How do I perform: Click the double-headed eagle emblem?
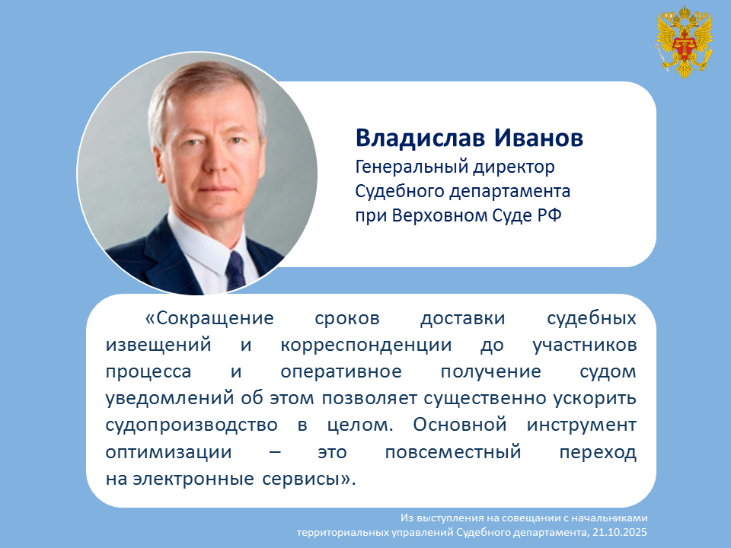click(684, 42)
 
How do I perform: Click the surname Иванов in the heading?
click(538, 138)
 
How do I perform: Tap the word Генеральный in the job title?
click(410, 167)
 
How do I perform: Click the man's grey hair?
click(205, 88)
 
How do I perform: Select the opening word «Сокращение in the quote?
click(210, 319)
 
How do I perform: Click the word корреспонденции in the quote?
click(366, 346)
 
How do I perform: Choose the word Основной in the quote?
click(460, 425)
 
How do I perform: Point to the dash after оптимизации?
click(275, 452)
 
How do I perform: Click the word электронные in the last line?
click(193, 479)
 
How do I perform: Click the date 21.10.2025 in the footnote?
click(620, 532)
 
